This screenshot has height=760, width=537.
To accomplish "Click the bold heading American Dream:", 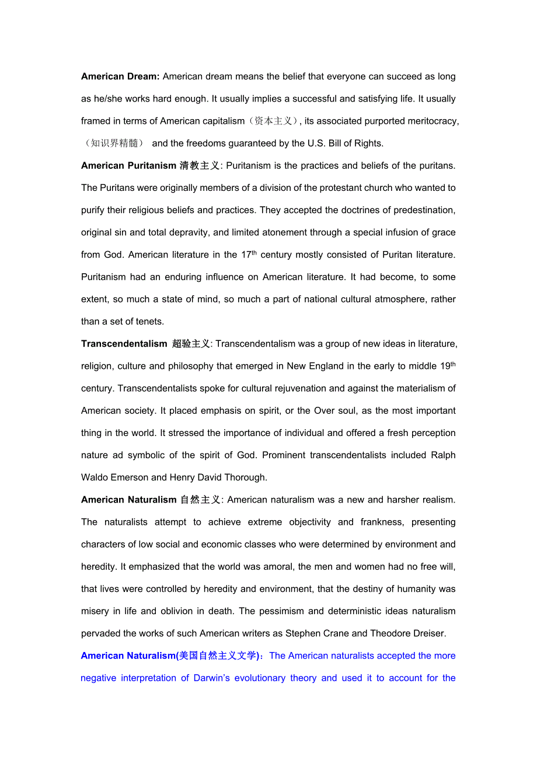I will (120, 76).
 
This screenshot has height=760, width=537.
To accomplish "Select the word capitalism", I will (224, 121).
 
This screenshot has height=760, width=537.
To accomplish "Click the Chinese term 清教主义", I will (200, 166).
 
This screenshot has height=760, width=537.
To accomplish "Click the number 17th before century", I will (248, 255).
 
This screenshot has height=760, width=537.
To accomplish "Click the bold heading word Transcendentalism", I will (124, 344).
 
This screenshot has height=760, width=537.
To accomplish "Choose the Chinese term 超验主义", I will (191, 344).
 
